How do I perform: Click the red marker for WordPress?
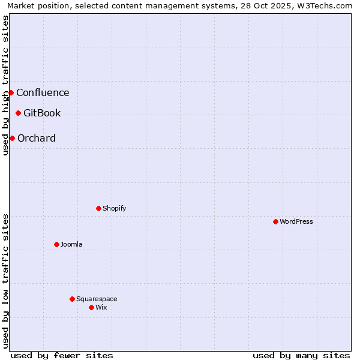(275, 221)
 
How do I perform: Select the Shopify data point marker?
(98, 208)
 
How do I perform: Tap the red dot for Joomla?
(56, 244)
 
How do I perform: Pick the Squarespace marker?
(72, 299)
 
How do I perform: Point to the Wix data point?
(91, 307)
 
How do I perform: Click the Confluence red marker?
(11, 92)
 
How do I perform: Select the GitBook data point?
(18, 113)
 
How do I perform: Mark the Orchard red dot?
(12, 138)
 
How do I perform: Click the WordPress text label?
(296, 221)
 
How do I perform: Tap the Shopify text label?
(114, 208)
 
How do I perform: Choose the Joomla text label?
(71, 244)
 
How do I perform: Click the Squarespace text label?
(97, 299)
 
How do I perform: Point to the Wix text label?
(101, 307)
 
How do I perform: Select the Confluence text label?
(43, 92)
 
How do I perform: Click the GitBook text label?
(42, 113)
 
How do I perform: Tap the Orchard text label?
(37, 138)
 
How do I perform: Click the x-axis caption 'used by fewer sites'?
(62, 355)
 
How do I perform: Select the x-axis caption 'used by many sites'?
(301, 355)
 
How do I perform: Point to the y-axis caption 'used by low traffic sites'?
(6, 281)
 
